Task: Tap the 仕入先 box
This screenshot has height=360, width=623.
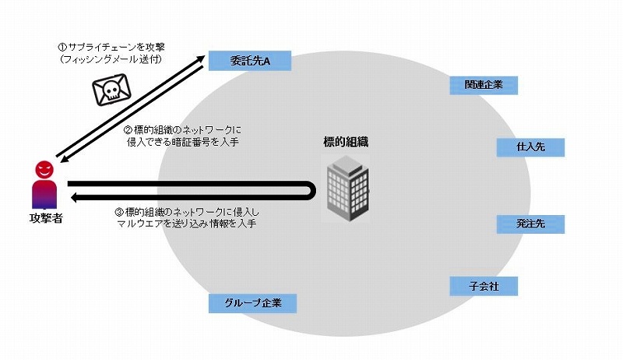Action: pyautogui.click(x=530, y=147)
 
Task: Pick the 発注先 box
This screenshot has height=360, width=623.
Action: pyautogui.click(x=530, y=224)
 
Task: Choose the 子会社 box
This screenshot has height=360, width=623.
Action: pyautogui.click(x=484, y=286)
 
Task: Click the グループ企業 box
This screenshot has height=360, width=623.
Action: pyautogui.click(x=253, y=302)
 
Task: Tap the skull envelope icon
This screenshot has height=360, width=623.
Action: pyautogui.click(x=111, y=90)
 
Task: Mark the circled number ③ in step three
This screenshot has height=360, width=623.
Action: pyautogui.click(x=118, y=211)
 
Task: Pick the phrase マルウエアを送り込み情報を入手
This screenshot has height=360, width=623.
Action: pyautogui.click(x=186, y=223)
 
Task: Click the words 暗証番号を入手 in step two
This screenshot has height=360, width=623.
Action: pyautogui.click(x=227, y=141)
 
